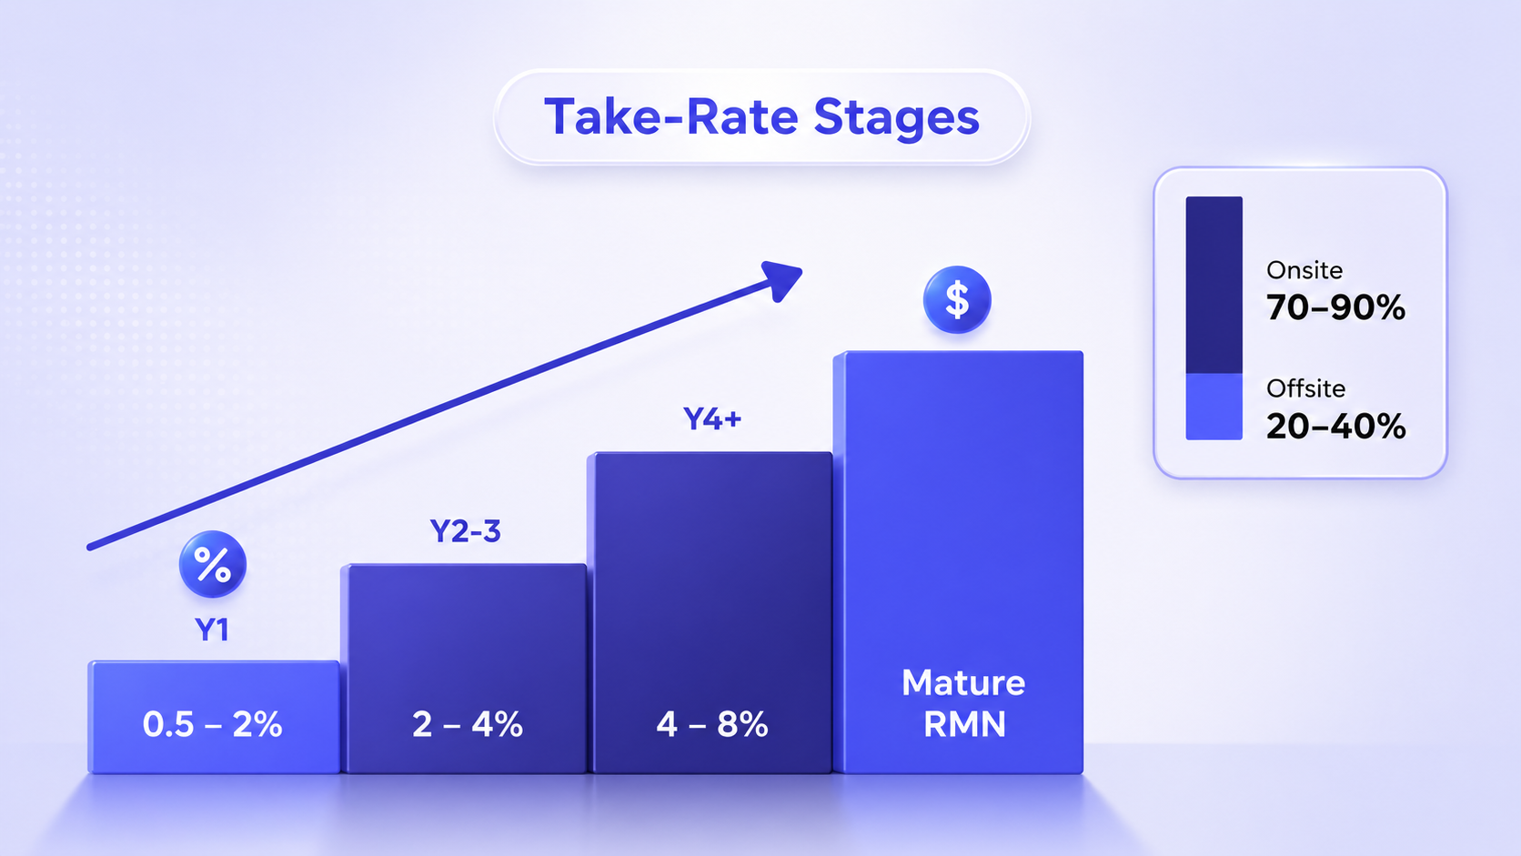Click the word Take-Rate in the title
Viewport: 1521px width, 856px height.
pos(670,116)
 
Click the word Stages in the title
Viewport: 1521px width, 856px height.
pos(896,119)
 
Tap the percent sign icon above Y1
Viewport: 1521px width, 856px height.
pos(213,564)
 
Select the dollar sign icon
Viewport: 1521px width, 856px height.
pos(957,299)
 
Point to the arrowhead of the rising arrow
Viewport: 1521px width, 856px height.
pos(783,279)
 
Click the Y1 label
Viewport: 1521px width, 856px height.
pos(212,630)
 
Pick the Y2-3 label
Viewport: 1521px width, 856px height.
pos(466,531)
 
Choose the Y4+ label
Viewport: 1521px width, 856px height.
pos(712,418)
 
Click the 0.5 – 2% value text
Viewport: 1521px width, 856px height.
pos(213,724)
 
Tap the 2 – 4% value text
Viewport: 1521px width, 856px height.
pos(468,724)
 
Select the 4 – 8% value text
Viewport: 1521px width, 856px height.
pos(712,724)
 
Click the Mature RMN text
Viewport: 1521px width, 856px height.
pos(963,703)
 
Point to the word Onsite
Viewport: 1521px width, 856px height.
pos(1304,270)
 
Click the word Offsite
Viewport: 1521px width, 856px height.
pos(1305,388)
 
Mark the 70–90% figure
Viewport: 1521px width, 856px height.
pos(1335,307)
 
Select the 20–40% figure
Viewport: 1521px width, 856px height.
pos(1335,427)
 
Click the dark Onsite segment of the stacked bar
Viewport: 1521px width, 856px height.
pos(1214,285)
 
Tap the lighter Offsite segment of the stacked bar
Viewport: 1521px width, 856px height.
pos(1214,407)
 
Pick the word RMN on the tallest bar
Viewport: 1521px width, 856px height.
pos(964,724)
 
